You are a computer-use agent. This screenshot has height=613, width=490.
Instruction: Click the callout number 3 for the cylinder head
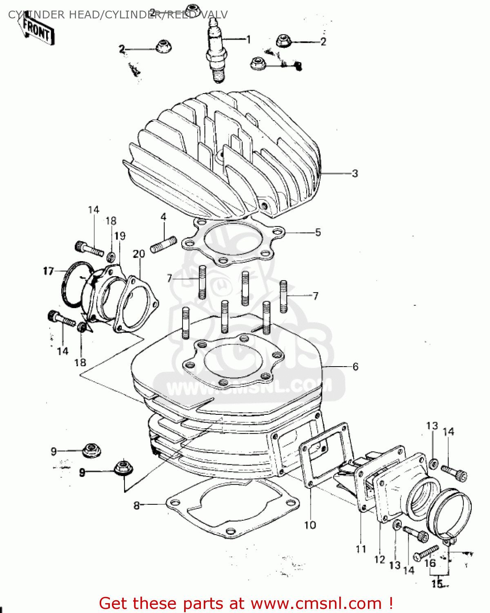pos(354,173)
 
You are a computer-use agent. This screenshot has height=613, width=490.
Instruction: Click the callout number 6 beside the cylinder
pos(355,367)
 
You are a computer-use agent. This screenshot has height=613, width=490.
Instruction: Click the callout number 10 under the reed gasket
pos(310,525)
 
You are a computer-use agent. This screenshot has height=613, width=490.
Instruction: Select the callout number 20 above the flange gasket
pos(139,254)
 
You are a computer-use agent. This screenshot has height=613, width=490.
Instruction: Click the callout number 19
pos(120,236)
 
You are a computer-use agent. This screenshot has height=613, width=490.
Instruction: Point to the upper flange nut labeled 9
pos(91,451)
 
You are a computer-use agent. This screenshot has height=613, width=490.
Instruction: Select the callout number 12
pos(379,559)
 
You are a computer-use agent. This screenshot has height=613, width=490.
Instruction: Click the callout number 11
pos(361,549)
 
